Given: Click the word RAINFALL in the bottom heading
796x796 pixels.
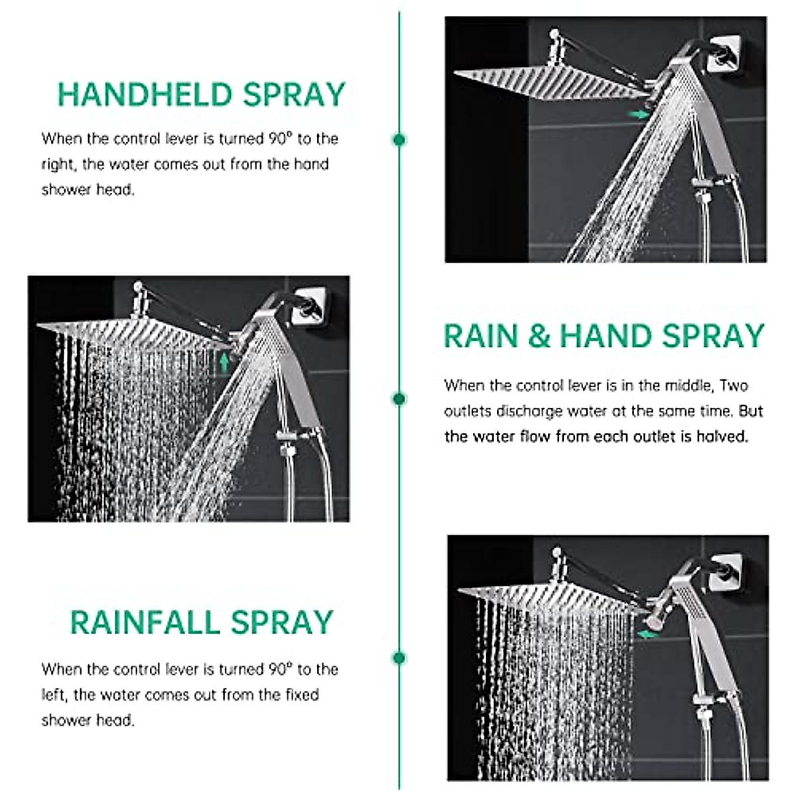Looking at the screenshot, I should [145, 623].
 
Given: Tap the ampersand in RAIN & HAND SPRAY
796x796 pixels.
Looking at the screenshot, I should [539, 336].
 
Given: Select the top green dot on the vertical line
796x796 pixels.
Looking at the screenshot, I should [399, 139].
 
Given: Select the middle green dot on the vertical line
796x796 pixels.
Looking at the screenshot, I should [399, 399].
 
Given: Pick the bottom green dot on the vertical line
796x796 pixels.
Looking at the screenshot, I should [399, 658].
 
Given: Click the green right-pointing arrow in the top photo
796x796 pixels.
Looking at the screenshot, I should [639, 115].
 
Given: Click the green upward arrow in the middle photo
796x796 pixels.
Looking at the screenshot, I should [225, 362].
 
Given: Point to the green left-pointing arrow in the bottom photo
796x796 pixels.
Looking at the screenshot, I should [647, 635].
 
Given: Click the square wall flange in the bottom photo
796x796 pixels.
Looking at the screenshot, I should [727, 574].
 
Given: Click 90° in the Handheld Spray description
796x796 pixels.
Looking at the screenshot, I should [281, 139].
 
